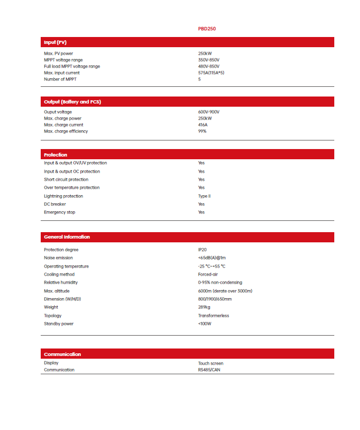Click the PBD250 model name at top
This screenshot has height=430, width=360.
(x=207, y=29)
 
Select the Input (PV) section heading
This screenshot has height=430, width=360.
(x=55, y=42)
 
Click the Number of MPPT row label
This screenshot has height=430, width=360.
(x=60, y=79)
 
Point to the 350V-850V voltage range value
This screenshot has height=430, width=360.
(x=208, y=60)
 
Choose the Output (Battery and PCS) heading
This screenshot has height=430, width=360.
(x=72, y=101)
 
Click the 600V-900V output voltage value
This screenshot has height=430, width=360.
(x=208, y=112)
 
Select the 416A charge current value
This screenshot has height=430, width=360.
(x=202, y=125)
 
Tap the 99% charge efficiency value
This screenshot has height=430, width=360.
(x=202, y=131)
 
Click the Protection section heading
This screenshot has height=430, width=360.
(x=56, y=155)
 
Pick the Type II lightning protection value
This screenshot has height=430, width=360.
(x=204, y=196)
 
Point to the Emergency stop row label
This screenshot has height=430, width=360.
(x=59, y=212)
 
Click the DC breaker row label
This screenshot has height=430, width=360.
(x=55, y=204)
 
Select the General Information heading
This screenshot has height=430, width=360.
(x=67, y=237)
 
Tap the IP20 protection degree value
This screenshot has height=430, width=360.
(x=202, y=250)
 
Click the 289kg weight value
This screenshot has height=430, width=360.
(x=204, y=307)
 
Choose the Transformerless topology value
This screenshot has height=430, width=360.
(x=213, y=316)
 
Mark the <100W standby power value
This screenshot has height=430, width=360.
(x=205, y=324)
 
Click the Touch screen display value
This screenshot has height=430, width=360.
(x=211, y=364)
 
